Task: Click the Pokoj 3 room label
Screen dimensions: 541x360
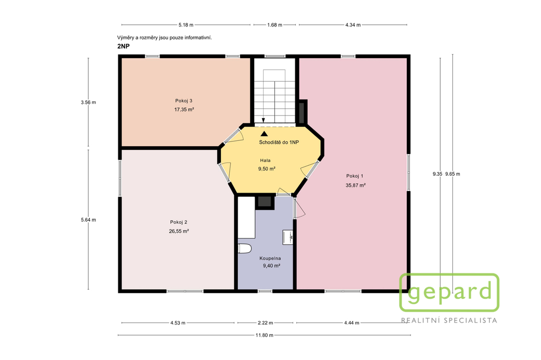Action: (x=183, y=101)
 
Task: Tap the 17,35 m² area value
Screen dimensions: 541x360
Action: (x=184, y=110)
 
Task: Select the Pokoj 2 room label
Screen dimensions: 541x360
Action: (x=179, y=222)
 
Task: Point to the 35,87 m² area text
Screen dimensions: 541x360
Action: (x=356, y=185)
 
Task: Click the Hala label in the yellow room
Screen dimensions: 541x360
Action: (x=265, y=160)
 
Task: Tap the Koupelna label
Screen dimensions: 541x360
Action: (x=270, y=258)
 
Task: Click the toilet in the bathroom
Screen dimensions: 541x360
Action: (x=245, y=249)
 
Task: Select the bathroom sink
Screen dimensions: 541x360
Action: (x=288, y=237)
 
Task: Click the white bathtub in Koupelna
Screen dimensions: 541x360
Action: (x=246, y=217)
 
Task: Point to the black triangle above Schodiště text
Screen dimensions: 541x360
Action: (x=264, y=134)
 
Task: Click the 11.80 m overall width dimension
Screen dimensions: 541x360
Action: (x=264, y=335)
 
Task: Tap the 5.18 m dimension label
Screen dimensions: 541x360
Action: (x=186, y=25)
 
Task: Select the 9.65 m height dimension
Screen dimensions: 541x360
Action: (x=452, y=174)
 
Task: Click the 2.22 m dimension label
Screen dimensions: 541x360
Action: (x=265, y=323)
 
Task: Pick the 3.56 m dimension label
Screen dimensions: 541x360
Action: (x=88, y=102)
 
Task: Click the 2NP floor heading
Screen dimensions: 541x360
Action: (x=124, y=46)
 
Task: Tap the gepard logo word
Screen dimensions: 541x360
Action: (x=449, y=293)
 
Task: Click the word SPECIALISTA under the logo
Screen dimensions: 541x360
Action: (x=471, y=321)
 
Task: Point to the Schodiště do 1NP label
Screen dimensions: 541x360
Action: (x=279, y=143)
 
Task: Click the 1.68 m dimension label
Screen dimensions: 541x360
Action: (x=275, y=25)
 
